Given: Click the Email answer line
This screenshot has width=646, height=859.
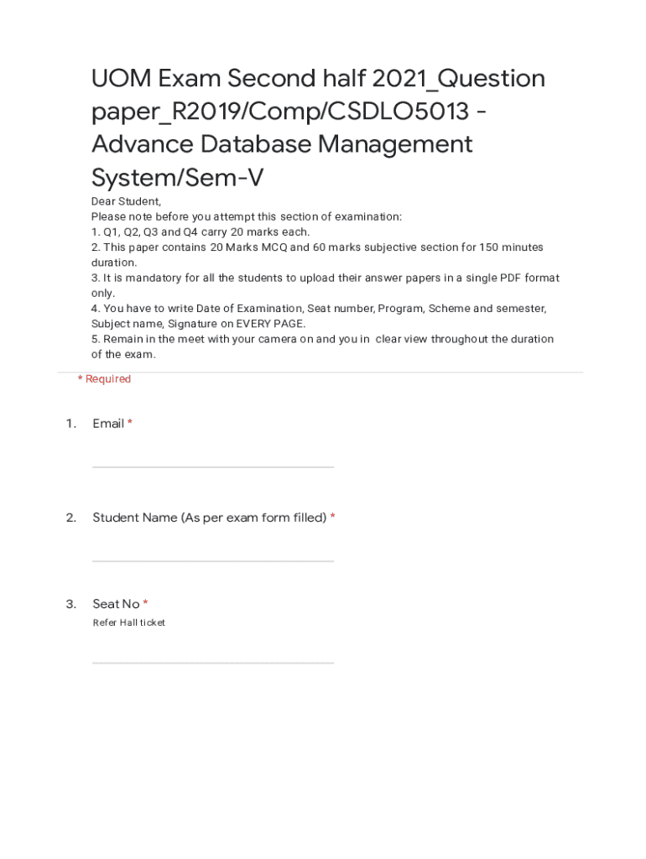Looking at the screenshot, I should click(213, 466).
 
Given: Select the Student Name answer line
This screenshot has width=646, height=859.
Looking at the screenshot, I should click(213, 560).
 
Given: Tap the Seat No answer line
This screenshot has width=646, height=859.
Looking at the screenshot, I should click(213, 663).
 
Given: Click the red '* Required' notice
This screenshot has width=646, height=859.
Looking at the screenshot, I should click(104, 379).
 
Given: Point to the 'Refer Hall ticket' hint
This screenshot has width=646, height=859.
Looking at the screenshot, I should click(129, 622).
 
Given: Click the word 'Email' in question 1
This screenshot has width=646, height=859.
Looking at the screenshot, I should click(108, 424).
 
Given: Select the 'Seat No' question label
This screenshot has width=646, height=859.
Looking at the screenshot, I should click(116, 604).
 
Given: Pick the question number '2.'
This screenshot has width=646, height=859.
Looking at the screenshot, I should click(71, 518).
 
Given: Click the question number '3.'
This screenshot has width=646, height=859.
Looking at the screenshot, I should click(71, 604).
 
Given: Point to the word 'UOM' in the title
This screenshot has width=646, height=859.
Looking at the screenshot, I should click(122, 79).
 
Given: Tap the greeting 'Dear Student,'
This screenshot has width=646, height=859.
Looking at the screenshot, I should click(126, 201).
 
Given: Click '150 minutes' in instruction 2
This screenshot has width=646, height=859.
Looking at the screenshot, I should click(511, 247).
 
